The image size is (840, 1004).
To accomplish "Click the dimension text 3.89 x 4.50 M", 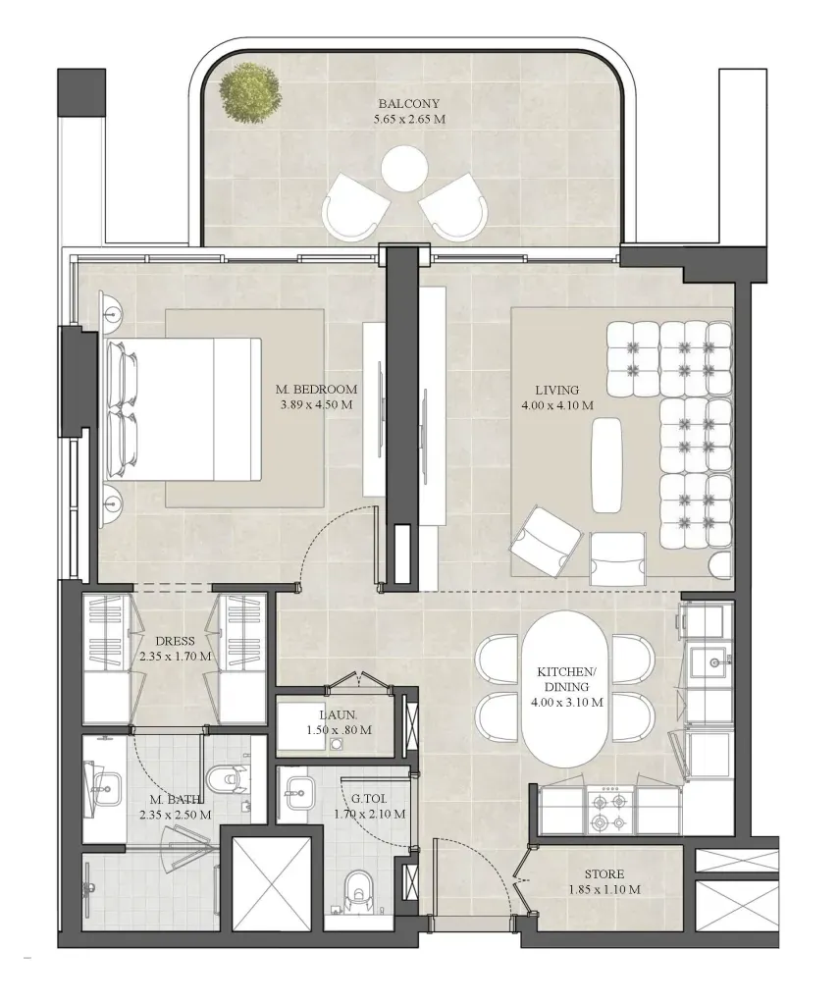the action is pos(316,404).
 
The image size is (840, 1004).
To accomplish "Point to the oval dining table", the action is pos(564,688).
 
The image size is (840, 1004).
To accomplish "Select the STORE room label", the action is pos(604,874).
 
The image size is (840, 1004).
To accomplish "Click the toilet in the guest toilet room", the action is pos(360,892).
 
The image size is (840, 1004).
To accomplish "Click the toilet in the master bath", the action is pos(230,780).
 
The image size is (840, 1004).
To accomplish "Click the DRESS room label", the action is pos(175,641).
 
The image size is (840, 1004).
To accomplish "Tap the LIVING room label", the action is pos(557,390).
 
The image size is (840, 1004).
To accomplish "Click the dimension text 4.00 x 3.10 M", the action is pos(566,703).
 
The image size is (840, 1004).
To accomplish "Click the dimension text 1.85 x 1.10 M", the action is pos(604,889).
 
